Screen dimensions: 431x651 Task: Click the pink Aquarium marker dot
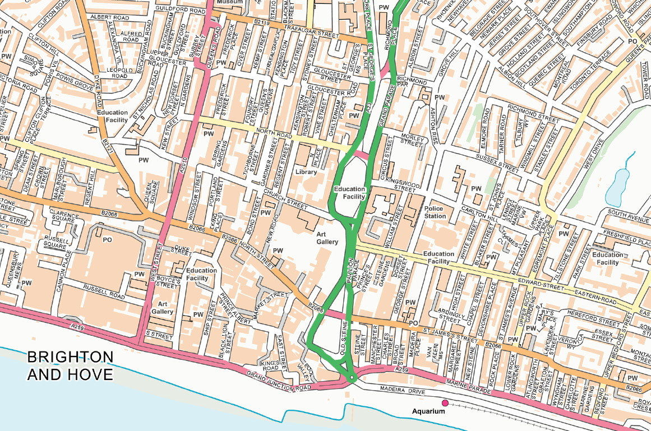[x=445, y=403]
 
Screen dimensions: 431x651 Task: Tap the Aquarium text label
[x=428, y=412]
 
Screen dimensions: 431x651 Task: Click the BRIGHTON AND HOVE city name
[x=70, y=365]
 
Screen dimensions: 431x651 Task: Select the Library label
[x=306, y=172]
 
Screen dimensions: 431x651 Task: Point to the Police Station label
[x=435, y=212]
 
